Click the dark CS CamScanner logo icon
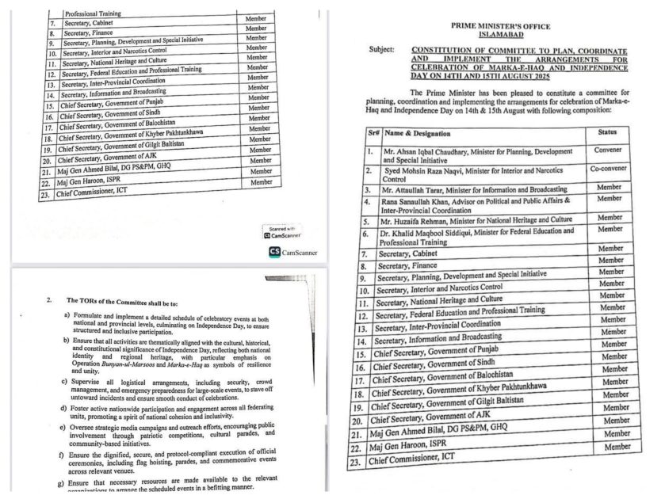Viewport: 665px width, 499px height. point(273,252)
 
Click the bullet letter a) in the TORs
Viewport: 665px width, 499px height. point(67,315)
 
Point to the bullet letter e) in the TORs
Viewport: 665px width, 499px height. point(64,427)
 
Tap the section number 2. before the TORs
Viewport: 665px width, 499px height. point(49,300)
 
